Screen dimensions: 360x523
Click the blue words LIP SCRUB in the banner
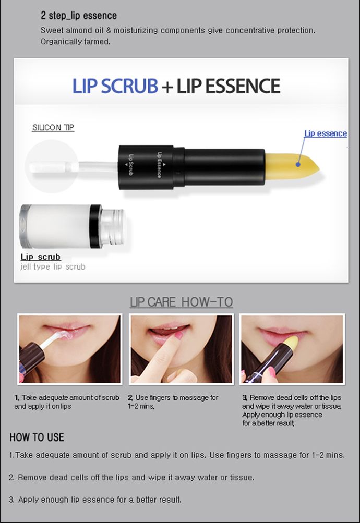pyautogui.click(x=115, y=86)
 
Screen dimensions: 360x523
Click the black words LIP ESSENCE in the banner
pyautogui.click(x=228, y=86)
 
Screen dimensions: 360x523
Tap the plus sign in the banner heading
pyautogui.click(x=167, y=87)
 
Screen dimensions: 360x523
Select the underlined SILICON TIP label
pyautogui.click(x=53, y=127)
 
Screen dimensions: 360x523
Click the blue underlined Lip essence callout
pyautogui.click(x=325, y=133)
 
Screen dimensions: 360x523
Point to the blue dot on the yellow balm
pyautogui.click(x=298, y=164)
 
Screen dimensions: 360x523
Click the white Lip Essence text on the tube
pyautogui.click(x=160, y=165)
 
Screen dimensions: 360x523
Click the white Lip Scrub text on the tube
pyautogui.click(x=131, y=165)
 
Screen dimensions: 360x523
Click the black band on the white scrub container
pyautogui.click(x=95, y=226)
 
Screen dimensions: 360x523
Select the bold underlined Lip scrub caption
pyautogui.click(x=40, y=257)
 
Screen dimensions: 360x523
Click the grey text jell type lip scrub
pyautogui.click(x=53, y=267)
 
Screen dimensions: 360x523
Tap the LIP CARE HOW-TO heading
pyautogui.click(x=181, y=302)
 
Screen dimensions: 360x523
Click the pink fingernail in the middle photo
pyautogui.click(x=179, y=335)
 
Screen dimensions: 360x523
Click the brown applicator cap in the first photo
pyautogui.click(x=31, y=357)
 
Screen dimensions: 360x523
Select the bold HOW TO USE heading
pyautogui.click(x=37, y=437)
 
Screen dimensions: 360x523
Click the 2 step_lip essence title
pyautogui.click(x=79, y=15)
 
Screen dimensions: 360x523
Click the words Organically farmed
pyautogui.click(x=75, y=42)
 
